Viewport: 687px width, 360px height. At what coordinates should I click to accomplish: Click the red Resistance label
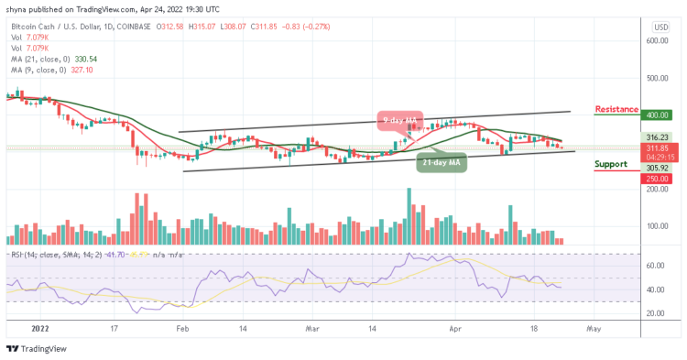tap(616, 109)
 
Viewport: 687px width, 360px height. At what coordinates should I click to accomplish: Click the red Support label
tap(610, 166)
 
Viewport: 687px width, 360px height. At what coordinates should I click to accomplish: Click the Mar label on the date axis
tap(313, 326)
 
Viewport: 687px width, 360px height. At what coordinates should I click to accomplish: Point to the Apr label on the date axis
tap(456, 326)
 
